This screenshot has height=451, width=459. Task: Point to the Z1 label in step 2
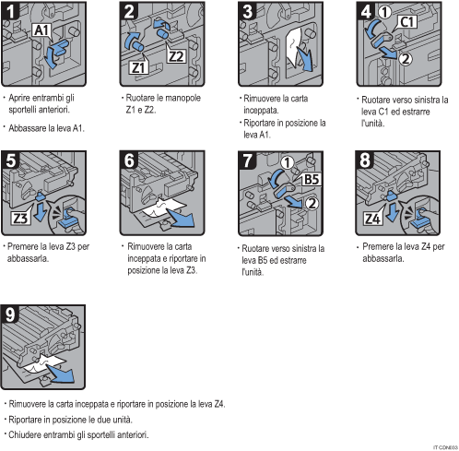139,67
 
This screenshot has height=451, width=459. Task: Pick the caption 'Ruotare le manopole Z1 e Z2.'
158,103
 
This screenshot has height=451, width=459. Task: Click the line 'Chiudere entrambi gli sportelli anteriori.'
79,434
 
